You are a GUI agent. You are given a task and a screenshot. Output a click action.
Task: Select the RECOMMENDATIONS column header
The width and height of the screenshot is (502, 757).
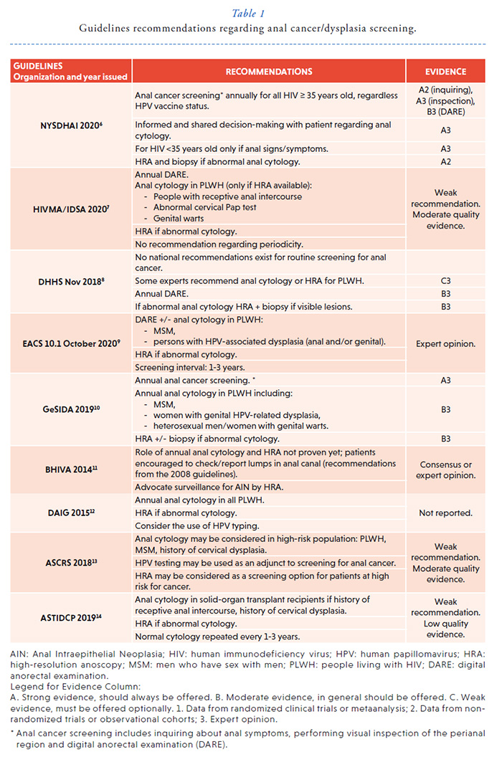tap(269, 72)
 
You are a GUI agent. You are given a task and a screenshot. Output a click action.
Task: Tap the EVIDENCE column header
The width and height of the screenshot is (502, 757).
tap(446, 72)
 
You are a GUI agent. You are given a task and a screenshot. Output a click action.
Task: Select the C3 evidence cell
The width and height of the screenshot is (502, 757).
tap(446, 282)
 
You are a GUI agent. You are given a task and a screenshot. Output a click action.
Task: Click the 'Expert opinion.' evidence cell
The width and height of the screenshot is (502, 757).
tap(446, 343)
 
